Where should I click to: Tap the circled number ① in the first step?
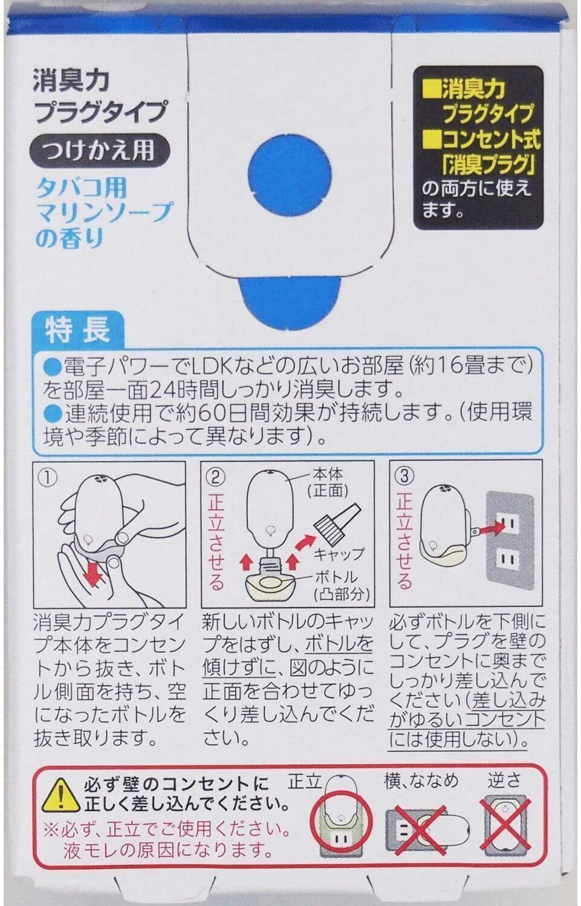47,478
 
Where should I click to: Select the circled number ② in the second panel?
215,478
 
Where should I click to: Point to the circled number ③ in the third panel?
404,477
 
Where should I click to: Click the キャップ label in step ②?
339,553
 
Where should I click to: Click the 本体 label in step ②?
328,474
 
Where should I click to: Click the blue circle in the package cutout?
290,175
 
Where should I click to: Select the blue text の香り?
70,238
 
